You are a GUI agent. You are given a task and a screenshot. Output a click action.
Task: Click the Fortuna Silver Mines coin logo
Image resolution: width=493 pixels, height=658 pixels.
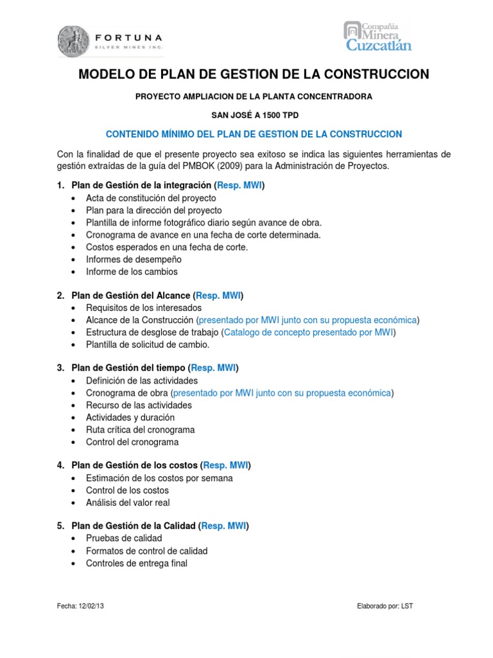tap(74, 40)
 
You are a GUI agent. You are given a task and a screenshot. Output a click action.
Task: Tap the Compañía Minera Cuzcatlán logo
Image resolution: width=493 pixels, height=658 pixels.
tap(378, 36)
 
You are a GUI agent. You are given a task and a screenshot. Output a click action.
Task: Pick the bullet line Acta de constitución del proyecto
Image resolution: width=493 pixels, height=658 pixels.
tap(151, 198)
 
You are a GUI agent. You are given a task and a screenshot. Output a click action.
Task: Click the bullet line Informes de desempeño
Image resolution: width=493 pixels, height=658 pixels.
tap(134, 259)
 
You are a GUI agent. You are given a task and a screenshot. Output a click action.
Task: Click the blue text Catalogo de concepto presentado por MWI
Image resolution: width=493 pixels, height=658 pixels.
tap(309, 332)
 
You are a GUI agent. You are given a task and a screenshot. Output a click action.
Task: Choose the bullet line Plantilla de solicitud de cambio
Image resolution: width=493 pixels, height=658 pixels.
tap(148, 344)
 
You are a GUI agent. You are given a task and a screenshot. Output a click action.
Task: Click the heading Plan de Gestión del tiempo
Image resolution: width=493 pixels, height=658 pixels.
tap(128, 368)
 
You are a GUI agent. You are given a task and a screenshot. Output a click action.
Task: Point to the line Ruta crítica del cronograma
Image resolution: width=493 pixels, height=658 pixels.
tap(140, 430)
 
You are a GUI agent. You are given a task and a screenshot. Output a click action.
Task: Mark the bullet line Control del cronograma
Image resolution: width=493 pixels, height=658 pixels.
tap(132, 442)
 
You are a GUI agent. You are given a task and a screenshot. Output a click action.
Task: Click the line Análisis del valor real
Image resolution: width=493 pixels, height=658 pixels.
tap(128, 502)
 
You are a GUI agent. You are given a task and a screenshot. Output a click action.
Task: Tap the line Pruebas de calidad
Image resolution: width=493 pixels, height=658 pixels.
tap(124, 538)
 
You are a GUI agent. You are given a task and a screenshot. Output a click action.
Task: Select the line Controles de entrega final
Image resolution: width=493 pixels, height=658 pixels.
tap(137, 563)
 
